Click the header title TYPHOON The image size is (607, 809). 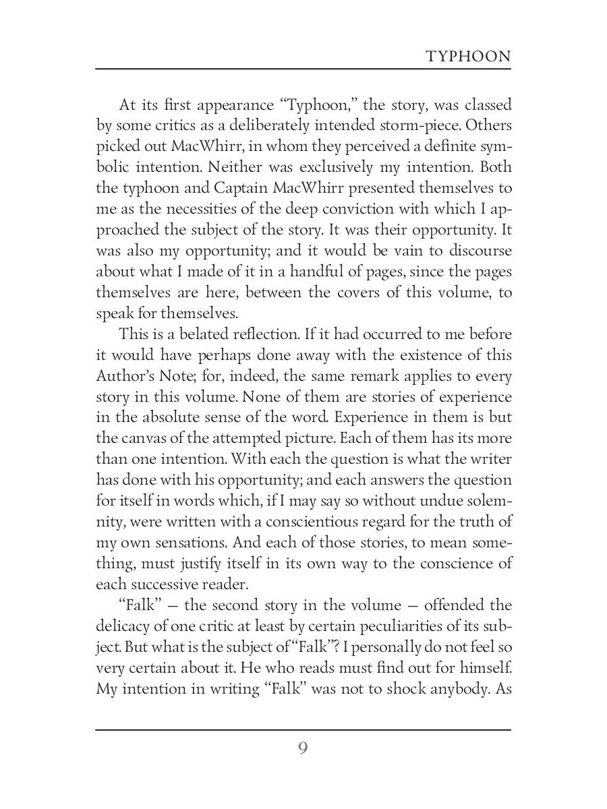click(x=469, y=57)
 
